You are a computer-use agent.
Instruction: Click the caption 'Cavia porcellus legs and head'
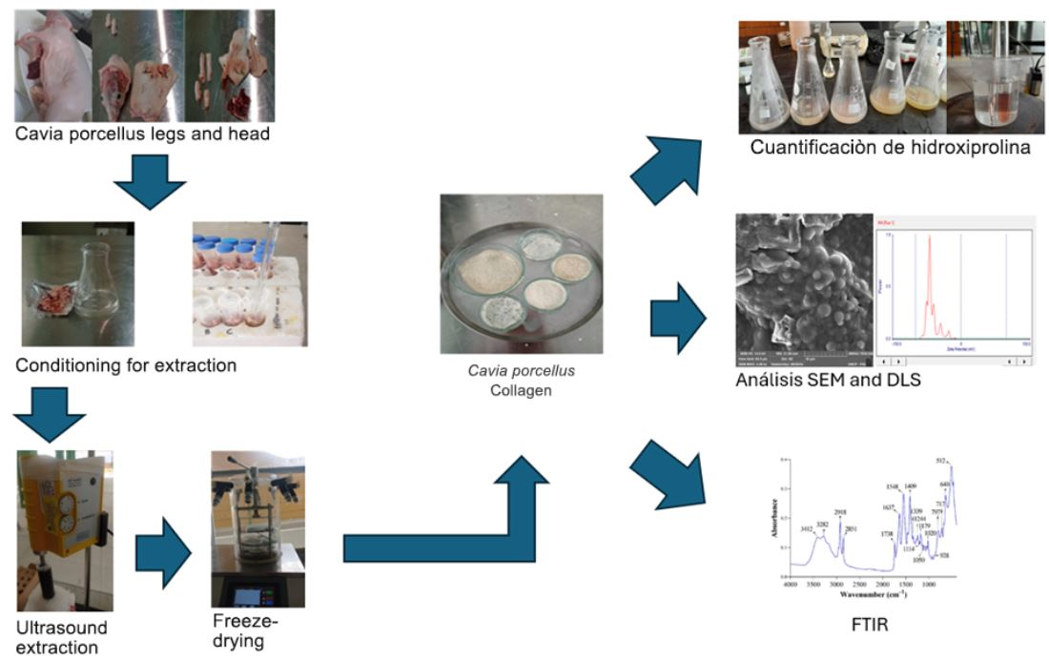tap(142, 134)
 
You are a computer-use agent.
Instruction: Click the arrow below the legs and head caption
tap(149, 178)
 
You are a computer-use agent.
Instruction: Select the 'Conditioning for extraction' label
tap(126, 365)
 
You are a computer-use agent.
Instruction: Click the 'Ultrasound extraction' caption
tap(61, 638)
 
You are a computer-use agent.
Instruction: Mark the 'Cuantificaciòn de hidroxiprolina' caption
tap(890, 147)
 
